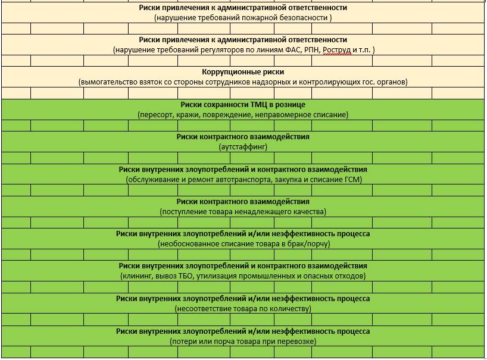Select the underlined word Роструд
point(337,50)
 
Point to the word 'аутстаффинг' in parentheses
point(243,146)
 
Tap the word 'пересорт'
point(155,114)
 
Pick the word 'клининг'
point(138,276)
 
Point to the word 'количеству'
point(290,309)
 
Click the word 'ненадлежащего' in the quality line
point(263,211)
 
